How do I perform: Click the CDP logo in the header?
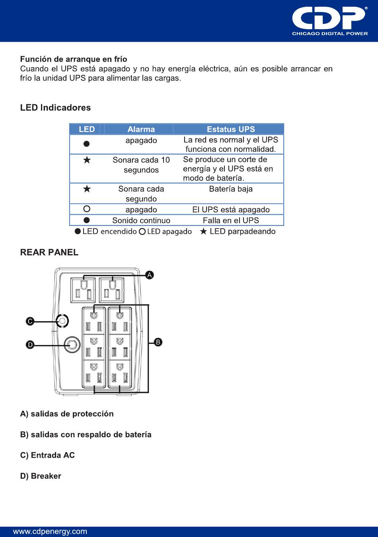click(329, 21)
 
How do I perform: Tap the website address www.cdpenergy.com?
click(50, 531)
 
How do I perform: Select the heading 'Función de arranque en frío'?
click(74, 59)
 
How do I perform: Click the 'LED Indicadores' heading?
click(55, 108)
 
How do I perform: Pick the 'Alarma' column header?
click(141, 129)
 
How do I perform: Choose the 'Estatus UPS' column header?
click(231, 129)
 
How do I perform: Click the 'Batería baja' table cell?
click(231, 189)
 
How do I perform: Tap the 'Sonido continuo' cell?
click(141, 220)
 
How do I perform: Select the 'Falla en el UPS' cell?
click(231, 220)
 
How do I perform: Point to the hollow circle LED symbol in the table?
click(87, 209)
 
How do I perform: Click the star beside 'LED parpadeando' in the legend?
click(203, 231)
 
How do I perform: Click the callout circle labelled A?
click(150, 275)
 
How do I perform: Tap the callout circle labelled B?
click(158, 342)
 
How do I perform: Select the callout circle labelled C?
click(30, 321)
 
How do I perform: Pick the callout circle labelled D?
click(30, 345)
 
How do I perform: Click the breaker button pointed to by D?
click(72, 345)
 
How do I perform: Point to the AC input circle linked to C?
click(62, 321)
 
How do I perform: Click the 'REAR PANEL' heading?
click(49, 252)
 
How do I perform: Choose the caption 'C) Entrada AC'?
click(47, 455)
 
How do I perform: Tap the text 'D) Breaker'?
click(41, 476)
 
